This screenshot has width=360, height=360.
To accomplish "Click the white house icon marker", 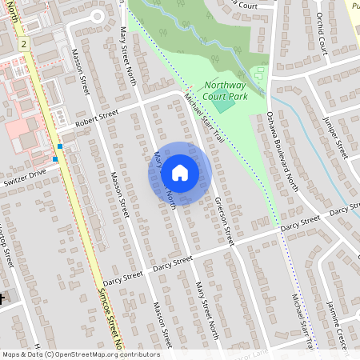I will pyautogui.click(x=180, y=172).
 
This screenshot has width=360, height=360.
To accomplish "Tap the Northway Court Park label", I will pyautogui.click(x=226, y=90).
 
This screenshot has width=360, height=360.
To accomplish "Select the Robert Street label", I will pyautogui.click(x=96, y=118).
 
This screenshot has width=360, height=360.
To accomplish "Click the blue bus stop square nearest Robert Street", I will pyautogui.click(x=61, y=146).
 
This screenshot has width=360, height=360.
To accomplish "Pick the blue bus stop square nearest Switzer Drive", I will pyautogui.click(x=54, y=158).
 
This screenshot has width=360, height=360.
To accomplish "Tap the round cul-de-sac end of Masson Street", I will pyautogui.click(x=98, y=15).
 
